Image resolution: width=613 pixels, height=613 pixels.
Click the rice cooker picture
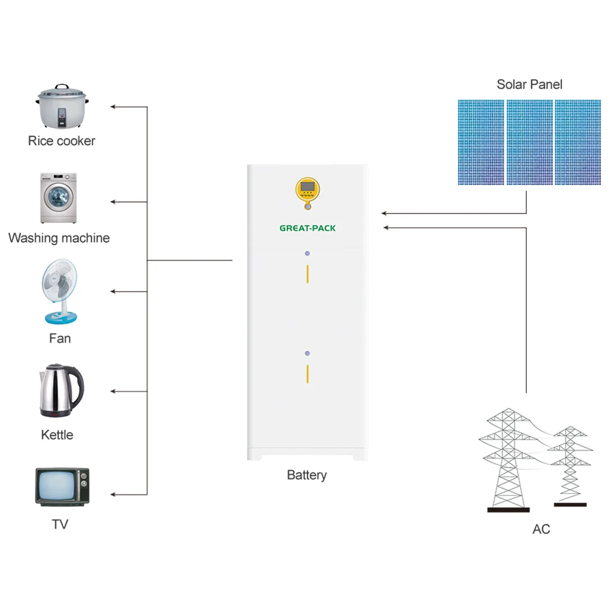pyautogui.click(x=62, y=106)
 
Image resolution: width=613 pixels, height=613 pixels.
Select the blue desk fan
pyautogui.click(x=60, y=291)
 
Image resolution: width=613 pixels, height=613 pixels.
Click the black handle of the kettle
pyautogui.click(x=77, y=386)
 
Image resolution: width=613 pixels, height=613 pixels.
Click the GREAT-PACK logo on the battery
pyautogui.click(x=308, y=228)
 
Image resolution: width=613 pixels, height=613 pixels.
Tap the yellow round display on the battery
pyautogui.click(x=308, y=190)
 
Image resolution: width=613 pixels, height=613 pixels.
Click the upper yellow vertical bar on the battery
pyautogui.click(x=308, y=274)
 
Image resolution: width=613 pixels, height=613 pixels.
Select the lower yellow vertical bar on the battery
pyautogui.click(x=308, y=374)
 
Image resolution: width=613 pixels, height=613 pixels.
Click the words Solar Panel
pyautogui.click(x=529, y=84)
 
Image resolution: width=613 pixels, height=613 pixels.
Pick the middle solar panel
pyautogui.click(x=530, y=142)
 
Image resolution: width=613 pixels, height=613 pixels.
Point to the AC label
pyautogui.click(x=541, y=529)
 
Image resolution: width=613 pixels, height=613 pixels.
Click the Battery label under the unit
pyautogui.click(x=307, y=475)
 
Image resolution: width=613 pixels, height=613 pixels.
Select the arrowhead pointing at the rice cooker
pyautogui.click(x=113, y=107)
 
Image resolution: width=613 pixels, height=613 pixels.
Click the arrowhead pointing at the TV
pyautogui.click(x=113, y=494)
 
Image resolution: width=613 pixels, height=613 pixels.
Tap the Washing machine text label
pyautogui.click(x=59, y=238)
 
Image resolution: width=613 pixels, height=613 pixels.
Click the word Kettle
pyautogui.click(x=57, y=435)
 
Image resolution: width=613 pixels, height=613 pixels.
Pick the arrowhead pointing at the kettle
pyautogui.click(x=113, y=392)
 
